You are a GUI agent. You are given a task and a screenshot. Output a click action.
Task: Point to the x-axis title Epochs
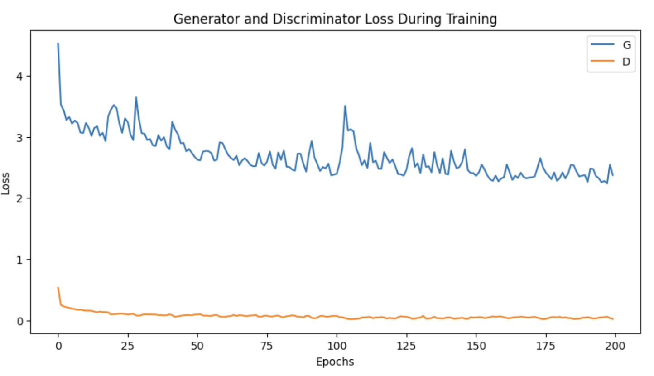pos(336,362)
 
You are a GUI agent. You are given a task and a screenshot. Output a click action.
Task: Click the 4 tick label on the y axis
pos(20,76)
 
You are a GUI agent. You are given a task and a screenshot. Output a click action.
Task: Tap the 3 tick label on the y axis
pos(20,137)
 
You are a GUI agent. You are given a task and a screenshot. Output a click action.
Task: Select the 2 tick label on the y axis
pos(20,198)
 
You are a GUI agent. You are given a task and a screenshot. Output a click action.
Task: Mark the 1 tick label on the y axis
pos(20,260)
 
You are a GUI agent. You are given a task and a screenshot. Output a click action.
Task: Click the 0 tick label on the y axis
pos(20,321)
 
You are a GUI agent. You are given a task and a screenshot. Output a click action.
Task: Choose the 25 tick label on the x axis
pos(128,347)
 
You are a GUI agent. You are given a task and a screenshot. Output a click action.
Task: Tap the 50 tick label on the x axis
pos(197,347)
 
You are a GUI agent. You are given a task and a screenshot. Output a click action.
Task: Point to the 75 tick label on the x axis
pos(267,347)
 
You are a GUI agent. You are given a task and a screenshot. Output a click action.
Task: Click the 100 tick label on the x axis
pos(337,347)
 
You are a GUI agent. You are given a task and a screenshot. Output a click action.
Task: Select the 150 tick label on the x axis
pos(476,347)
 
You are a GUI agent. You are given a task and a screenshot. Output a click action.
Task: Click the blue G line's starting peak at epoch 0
pos(58,43)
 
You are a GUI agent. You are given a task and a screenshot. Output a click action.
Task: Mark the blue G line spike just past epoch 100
pos(345,106)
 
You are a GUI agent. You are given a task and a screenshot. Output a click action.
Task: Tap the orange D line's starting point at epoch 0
pos(58,287)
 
